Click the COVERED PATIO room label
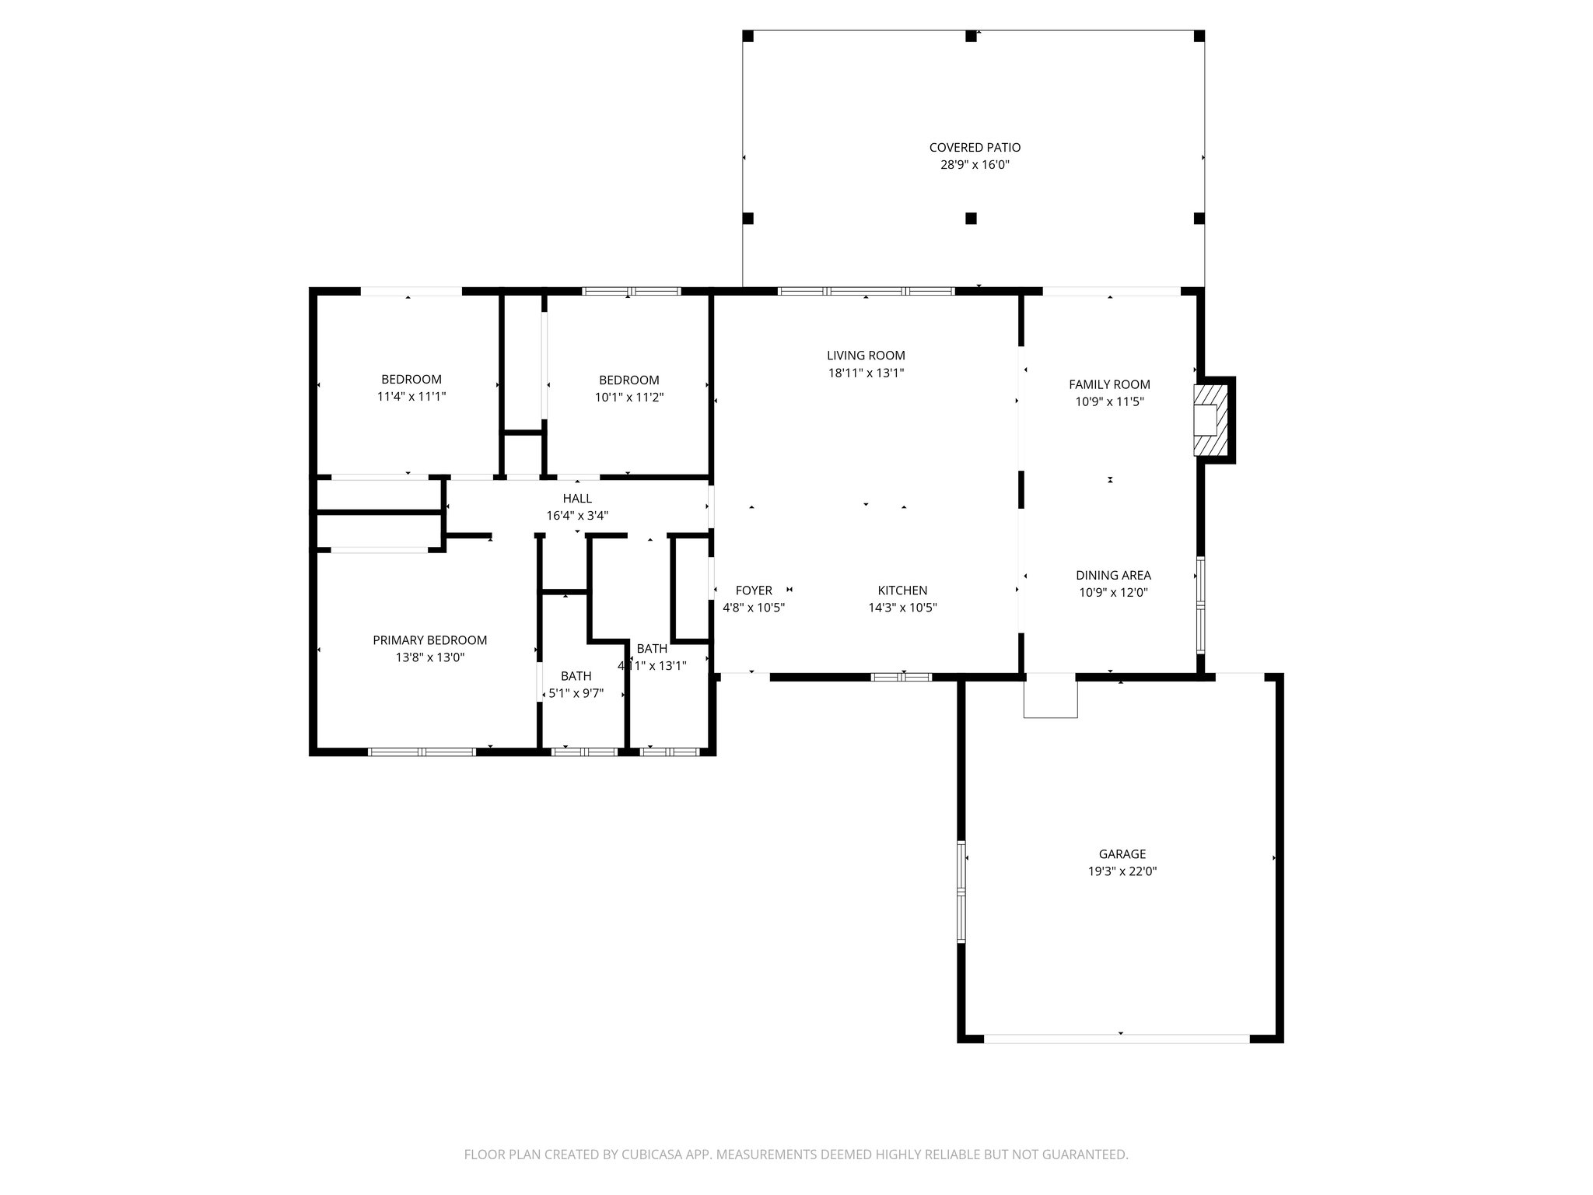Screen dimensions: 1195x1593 click(975, 147)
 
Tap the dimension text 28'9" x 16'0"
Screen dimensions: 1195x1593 click(975, 165)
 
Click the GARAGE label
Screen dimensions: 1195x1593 click(1122, 854)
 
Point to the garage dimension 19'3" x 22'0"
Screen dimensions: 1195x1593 click(1122, 872)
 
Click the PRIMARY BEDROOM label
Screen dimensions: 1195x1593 click(429, 640)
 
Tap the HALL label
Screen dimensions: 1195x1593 click(577, 498)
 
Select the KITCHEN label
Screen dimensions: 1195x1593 click(902, 590)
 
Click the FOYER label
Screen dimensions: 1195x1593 click(753, 590)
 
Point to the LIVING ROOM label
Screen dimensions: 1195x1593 click(866, 356)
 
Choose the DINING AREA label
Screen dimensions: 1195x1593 click(1113, 575)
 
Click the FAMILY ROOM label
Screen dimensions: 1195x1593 click(1109, 384)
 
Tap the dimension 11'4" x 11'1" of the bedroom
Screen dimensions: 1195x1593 click(411, 397)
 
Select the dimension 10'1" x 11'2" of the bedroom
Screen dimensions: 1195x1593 click(628, 398)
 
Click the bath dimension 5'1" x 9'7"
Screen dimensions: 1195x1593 click(576, 693)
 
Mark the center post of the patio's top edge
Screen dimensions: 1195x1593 click(971, 36)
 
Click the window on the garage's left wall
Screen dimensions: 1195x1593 click(961, 892)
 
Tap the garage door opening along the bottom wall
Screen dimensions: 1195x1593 click(1116, 1039)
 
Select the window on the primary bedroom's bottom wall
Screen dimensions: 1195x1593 click(422, 752)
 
